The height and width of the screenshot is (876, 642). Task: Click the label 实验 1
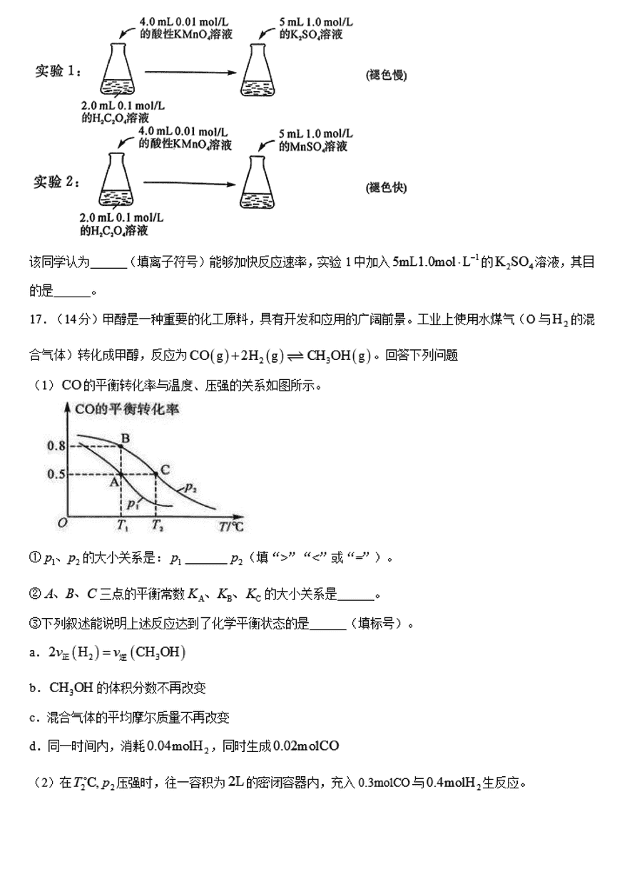[x=58, y=71]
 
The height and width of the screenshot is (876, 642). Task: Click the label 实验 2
[x=58, y=182]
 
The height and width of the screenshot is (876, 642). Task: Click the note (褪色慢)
[x=386, y=76]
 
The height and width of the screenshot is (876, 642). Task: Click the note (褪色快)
[x=386, y=187]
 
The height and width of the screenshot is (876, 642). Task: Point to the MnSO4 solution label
[x=313, y=147]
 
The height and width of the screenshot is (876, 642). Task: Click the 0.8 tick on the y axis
[x=56, y=446]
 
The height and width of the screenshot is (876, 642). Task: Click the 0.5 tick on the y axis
[x=56, y=474]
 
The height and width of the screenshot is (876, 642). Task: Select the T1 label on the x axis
[x=122, y=527]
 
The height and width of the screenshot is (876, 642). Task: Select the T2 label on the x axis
[x=157, y=527]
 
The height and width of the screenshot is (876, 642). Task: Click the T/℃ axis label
[x=231, y=527]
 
